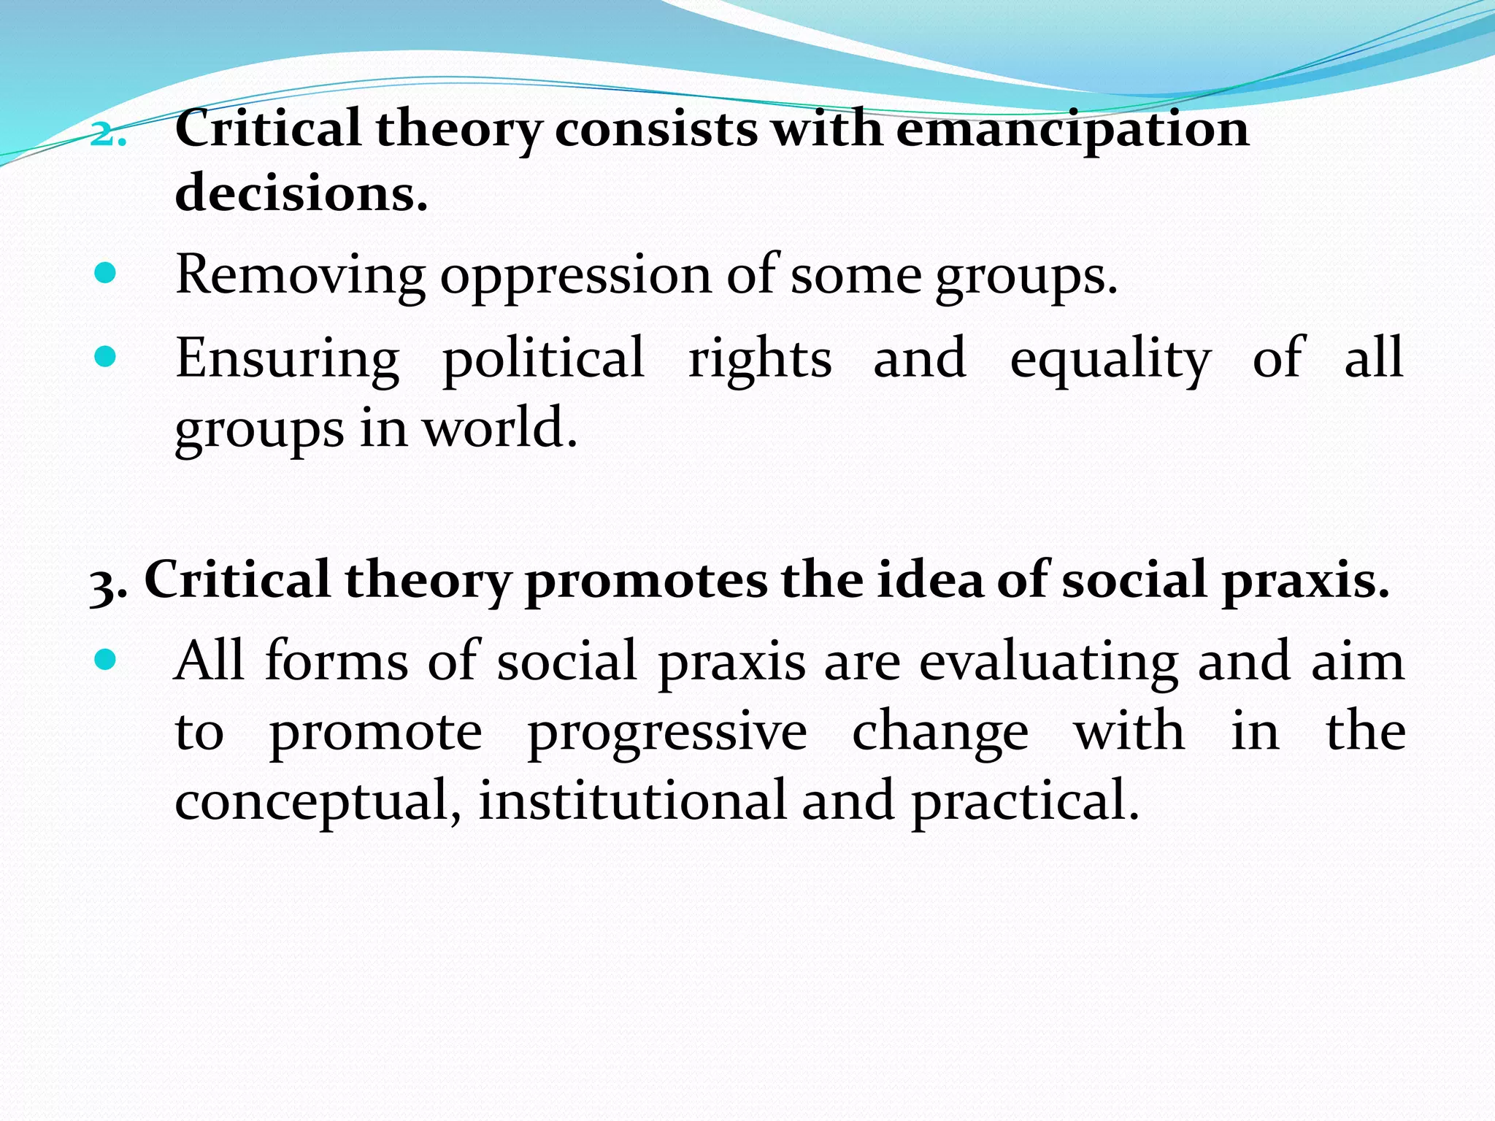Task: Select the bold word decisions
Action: (x=301, y=193)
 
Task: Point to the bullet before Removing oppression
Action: (x=106, y=274)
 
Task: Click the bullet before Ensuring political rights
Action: (x=106, y=357)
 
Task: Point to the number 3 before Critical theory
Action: (x=101, y=585)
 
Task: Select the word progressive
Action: (x=667, y=733)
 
